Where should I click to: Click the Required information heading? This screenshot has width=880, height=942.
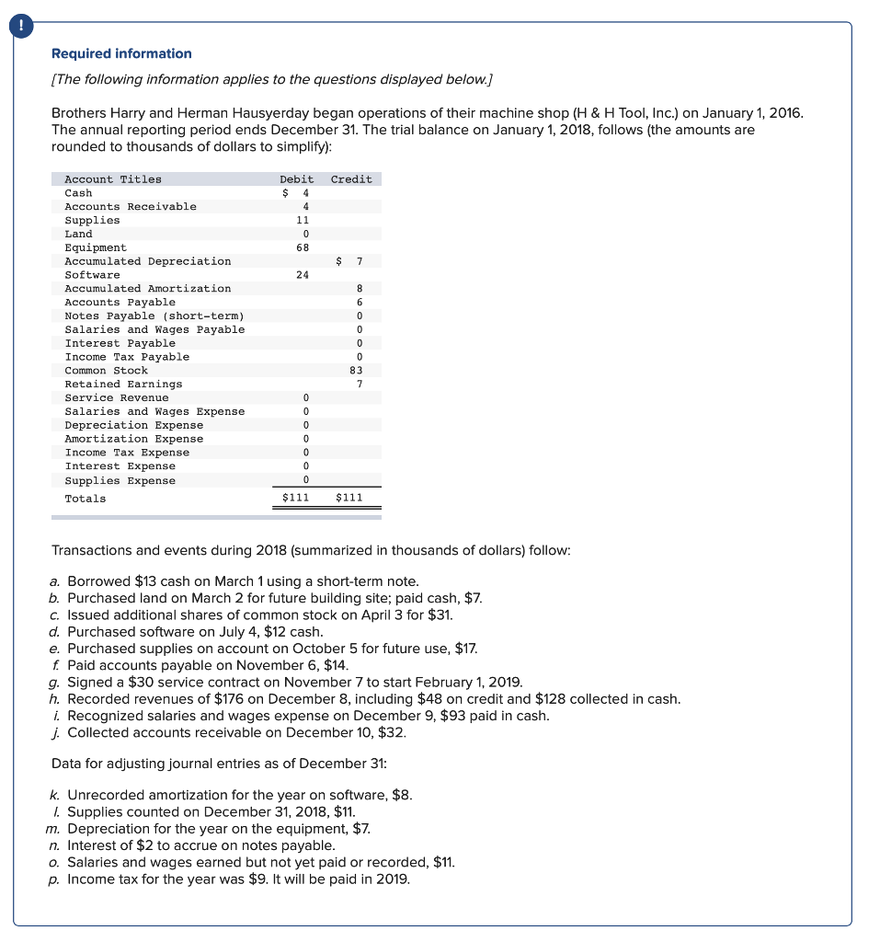click(x=121, y=53)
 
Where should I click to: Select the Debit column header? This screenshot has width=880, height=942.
click(x=296, y=179)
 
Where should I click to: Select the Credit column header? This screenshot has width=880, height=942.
click(x=351, y=179)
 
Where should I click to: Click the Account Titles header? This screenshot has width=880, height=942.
click(x=112, y=179)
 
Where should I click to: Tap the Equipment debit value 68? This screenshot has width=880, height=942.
click(x=303, y=247)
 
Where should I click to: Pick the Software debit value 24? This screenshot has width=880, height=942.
click(x=303, y=275)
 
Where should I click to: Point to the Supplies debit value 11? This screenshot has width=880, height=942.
click(x=303, y=221)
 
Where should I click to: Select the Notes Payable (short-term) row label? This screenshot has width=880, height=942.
click(x=154, y=316)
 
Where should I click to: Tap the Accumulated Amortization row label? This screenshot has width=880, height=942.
click(x=147, y=289)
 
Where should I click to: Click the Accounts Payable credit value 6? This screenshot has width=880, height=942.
click(x=360, y=303)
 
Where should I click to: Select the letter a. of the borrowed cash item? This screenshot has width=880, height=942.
click(x=56, y=581)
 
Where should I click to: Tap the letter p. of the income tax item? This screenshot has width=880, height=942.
click(x=56, y=879)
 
